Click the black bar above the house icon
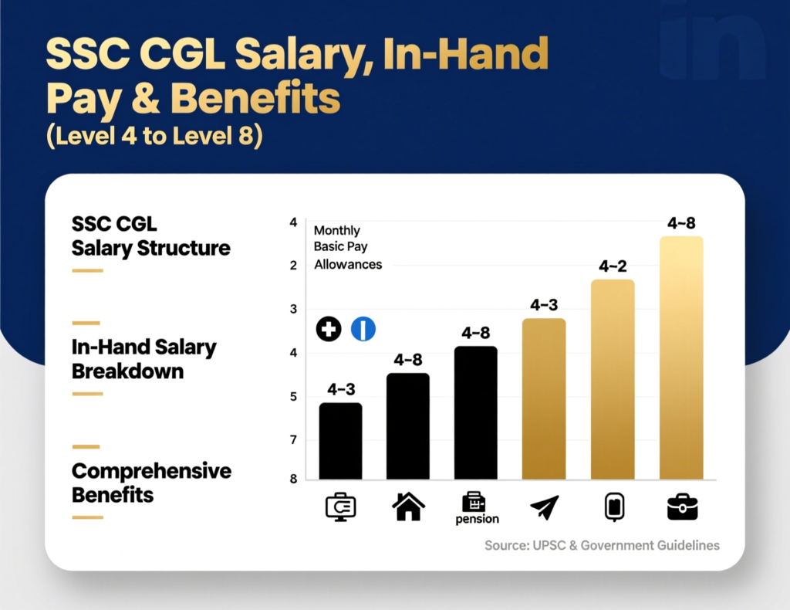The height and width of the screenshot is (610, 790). (408, 425)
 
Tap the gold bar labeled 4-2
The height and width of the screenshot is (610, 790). (613, 378)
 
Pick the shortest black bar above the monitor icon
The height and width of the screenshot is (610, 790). (340, 440)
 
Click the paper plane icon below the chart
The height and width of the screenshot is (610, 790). (544, 507)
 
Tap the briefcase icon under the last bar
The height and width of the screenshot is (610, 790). (682, 507)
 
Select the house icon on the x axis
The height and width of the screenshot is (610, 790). (408, 507)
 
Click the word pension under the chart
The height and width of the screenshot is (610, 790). (476, 520)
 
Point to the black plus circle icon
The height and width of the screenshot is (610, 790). (329, 329)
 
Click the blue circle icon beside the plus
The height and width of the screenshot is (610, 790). (363, 329)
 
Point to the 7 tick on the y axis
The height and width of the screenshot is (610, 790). (293, 441)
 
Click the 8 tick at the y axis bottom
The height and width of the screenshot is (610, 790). (293, 479)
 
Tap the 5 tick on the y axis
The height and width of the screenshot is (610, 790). (293, 397)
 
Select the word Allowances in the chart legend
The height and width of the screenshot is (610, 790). (348, 264)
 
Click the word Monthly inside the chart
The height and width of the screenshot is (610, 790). (336, 231)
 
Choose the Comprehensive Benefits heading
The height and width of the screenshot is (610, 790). (151, 483)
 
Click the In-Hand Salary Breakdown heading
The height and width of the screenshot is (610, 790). (143, 359)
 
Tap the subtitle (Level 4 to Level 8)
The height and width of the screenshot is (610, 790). (154, 135)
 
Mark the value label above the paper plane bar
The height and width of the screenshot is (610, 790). (544, 305)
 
